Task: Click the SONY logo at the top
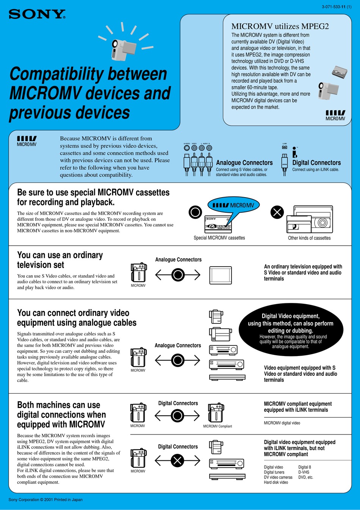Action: [x=37, y=14]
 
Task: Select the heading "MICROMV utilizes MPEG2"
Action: [x=280, y=26]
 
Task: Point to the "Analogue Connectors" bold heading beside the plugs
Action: [x=244, y=163]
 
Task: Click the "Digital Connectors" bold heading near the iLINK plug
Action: [x=316, y=163]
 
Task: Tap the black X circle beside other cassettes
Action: [x=277, y=212]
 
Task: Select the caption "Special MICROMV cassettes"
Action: [x=219, y=238]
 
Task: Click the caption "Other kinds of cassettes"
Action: [x=309, y=238]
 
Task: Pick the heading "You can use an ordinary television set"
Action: [x=60, y=260]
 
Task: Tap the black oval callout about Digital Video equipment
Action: [x=291, y=330]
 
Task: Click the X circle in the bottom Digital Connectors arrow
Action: [x=177, y=461]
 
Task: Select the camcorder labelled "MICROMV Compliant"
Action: [x=216, y=413]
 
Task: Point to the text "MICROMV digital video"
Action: [x=282, y=423]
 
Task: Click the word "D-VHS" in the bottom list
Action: [x=304, y=472]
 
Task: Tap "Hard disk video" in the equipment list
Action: [x=276, y=482]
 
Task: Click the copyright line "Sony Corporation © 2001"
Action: [x=45, y=500]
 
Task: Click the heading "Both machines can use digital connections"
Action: [x=61, y=415]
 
